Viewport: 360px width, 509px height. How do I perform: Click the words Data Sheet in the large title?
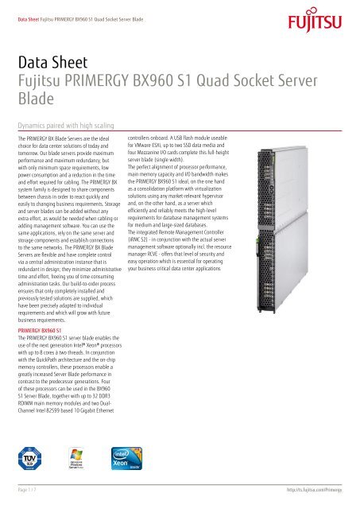(49, 60)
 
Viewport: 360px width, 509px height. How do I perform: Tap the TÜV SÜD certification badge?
(29, 459)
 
